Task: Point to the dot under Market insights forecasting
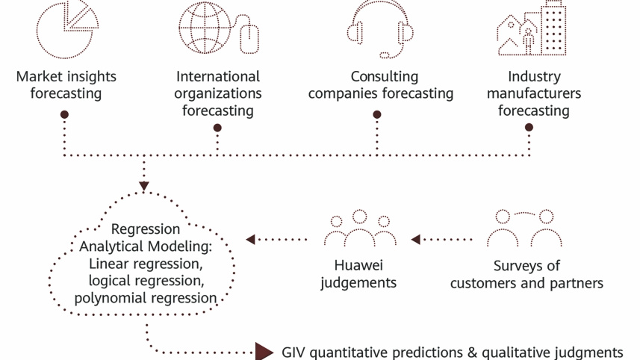[65, 115]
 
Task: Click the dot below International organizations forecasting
[217, 128]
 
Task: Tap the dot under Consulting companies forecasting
[377, 115]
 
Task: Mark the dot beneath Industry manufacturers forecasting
[529, 128]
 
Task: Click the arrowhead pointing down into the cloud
[144, 186]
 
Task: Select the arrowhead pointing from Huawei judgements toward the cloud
[251, 240]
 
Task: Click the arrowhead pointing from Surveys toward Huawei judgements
[416, 240]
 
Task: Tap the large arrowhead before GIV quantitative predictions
[265, 352]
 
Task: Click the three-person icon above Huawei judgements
[360, 229]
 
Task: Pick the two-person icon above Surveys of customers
[525, 229]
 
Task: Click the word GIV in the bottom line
[293, 352]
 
